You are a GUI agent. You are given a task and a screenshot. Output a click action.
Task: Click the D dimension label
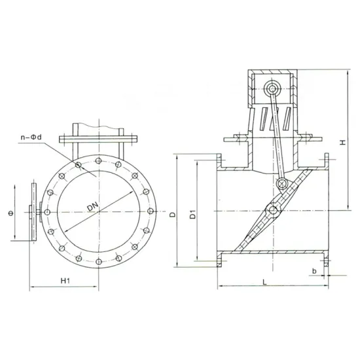point(171,213)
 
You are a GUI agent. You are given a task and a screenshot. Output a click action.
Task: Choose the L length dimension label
point(262,281)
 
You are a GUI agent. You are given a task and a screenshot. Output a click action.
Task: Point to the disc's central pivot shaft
point(273,209)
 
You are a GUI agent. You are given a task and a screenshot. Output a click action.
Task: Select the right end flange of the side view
point(325,209)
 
